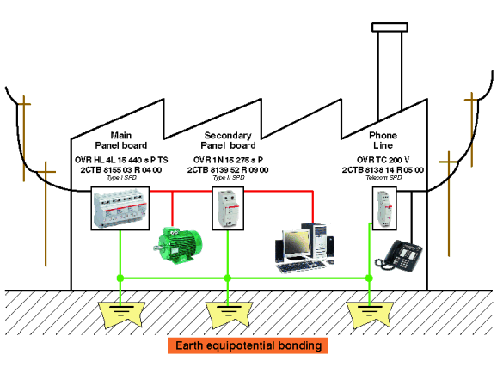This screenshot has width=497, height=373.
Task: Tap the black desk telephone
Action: click(x=399, y=256)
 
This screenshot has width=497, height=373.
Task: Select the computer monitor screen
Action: click(x=297, y=242)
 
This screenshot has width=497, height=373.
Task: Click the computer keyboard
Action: click(x=300, y=266)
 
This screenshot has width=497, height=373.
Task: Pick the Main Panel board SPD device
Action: click(x=120, y=208)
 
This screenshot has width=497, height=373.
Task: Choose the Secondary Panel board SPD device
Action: click(x=228, y=208)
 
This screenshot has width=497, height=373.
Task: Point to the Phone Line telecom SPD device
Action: click(x=384, y=208)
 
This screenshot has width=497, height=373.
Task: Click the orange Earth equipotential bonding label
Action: click(x=248, y=345)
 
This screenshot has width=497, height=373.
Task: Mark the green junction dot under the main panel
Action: click(x=120, y=278)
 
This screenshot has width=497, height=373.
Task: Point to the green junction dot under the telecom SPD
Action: click(x=369, y=278)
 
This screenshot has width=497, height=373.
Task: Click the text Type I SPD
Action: click(x=121, y=178)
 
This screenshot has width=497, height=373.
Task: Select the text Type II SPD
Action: click(x=229, y=178)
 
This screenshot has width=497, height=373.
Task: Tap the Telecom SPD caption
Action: click(x=383, y=178)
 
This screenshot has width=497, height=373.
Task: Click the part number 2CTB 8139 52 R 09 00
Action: click(x=228, y=170)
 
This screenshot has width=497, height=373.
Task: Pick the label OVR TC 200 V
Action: click(x=383, y=160)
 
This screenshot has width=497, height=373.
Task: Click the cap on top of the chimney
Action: click(x=390, y=28)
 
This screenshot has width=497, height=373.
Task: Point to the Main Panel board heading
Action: click(x=121, y=140)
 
